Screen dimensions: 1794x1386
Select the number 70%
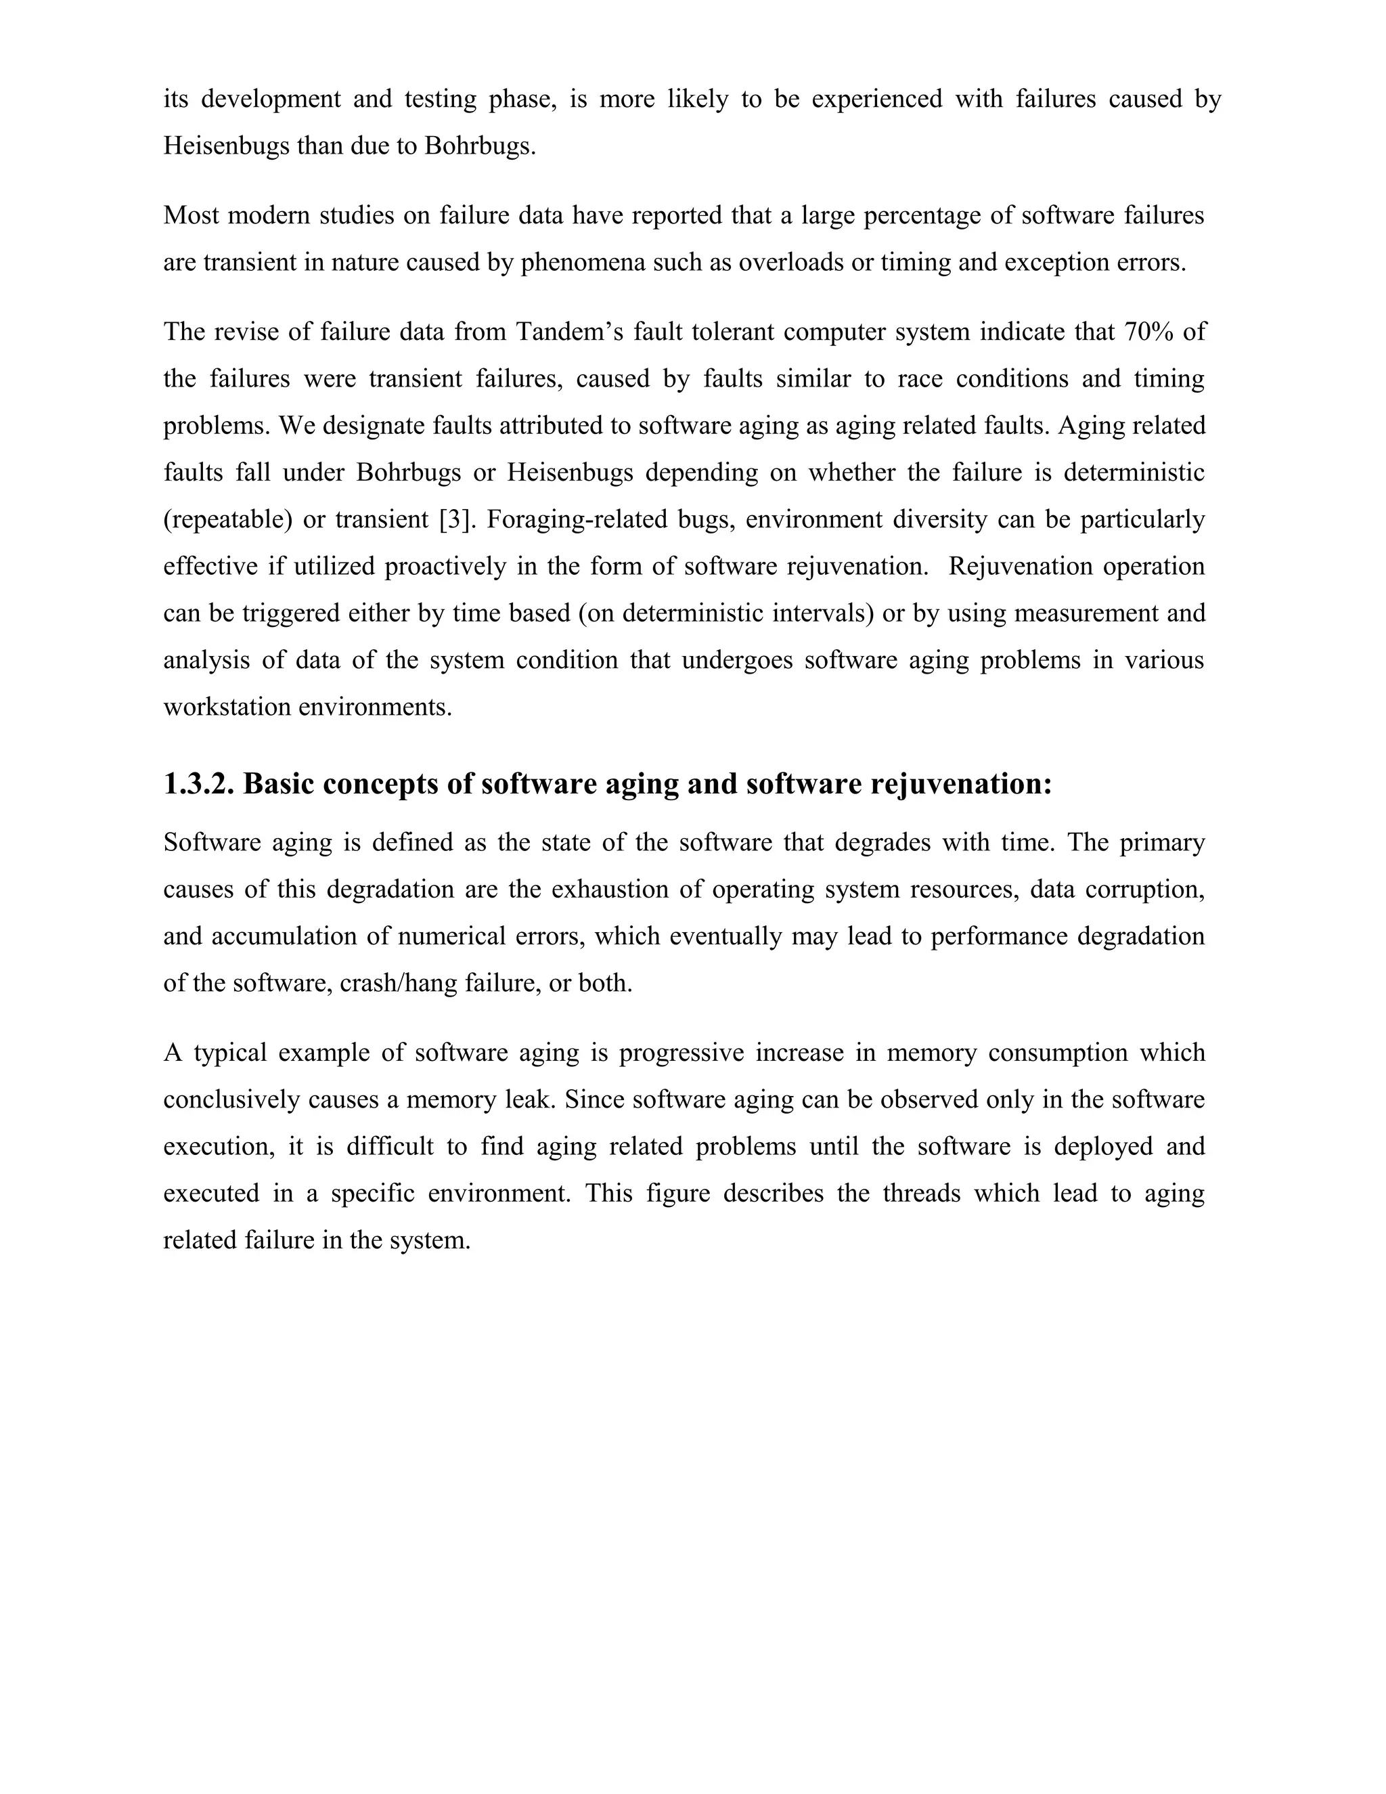click(1148, 332)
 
